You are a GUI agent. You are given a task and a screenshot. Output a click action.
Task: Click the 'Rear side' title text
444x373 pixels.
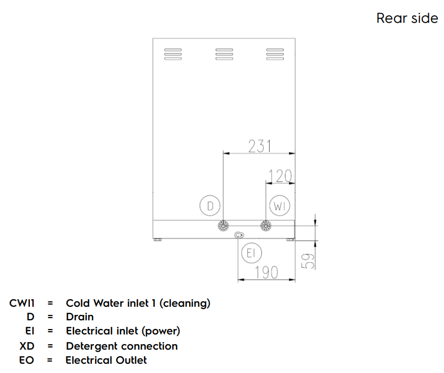[x=407, y=18]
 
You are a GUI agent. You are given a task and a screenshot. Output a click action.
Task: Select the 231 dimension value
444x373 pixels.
[x=260, y=147]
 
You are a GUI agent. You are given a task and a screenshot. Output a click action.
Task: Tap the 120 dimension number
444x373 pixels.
[x=280, y=176]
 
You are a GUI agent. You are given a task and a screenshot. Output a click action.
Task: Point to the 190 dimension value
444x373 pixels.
[x=266, y=273]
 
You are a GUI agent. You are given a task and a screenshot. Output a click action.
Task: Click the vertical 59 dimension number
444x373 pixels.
[x=308, y=260]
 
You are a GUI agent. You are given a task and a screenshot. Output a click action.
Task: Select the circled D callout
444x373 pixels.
[x=209, y=206]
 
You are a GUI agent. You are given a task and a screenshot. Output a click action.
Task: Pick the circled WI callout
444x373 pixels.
[x=279, y=206]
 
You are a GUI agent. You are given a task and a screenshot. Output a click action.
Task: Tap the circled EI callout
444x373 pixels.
[x=251, y=252]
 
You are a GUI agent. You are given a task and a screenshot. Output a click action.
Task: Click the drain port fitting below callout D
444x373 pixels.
[x=223, y=226]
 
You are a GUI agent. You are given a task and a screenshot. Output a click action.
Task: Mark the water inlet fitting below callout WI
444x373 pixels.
[x=265, y=226]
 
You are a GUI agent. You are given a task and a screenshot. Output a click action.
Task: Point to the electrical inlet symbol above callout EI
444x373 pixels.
[x=240, y=235]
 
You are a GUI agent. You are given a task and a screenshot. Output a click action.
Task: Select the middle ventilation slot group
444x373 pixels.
[x=224, y=54]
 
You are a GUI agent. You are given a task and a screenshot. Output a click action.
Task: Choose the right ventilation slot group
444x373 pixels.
[x=275, y=54]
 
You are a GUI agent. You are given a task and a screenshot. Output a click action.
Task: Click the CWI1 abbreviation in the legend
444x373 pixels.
[x=22, y=303]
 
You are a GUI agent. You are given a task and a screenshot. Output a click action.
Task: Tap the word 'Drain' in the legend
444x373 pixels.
[x=80, y=317]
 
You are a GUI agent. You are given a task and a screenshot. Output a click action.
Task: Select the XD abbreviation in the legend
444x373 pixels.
[x=27, y=346]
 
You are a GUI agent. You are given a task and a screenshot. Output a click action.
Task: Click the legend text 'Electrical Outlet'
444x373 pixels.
[x=106, y=360]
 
